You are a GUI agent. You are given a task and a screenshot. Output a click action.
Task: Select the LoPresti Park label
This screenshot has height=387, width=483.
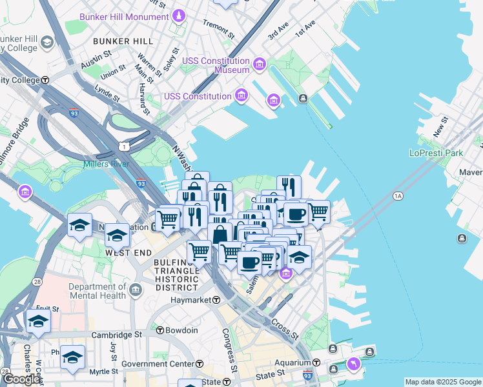click(437, 154)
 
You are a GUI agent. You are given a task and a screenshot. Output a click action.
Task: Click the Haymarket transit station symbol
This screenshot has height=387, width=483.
click(216, 300)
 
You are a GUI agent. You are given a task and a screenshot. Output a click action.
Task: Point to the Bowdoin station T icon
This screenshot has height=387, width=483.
click(160, 330)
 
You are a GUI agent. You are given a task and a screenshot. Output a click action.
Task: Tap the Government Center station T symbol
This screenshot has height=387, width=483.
click(199, 364)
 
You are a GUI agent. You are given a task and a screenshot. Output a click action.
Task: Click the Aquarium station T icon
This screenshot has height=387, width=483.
click(317, 363)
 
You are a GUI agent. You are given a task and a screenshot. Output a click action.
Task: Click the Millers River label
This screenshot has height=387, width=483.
click(106, 164)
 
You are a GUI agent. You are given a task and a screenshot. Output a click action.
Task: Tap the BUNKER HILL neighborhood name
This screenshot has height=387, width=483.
click(123, 41)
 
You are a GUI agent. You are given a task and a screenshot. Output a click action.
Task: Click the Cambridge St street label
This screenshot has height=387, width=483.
click(116, 335)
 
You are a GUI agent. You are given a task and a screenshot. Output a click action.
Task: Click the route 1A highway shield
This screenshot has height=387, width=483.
click(398, 195)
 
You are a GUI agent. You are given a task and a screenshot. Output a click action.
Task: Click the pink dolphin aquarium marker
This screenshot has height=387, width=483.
click(354, 364)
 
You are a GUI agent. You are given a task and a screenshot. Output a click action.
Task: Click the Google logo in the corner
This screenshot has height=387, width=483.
click(21, 379)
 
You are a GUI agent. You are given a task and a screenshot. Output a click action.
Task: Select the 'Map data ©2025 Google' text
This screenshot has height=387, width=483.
click(443, 382)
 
